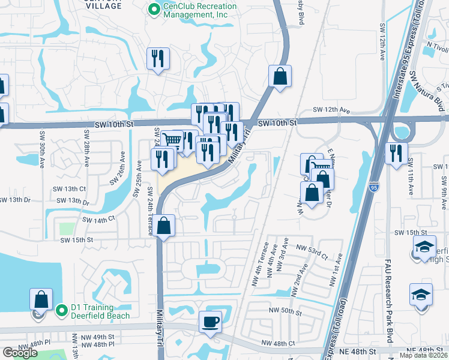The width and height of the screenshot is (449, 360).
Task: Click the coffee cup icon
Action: coord(210,322)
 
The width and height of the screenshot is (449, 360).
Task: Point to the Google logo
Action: coord(20,353)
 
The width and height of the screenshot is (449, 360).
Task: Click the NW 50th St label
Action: coord(284,310)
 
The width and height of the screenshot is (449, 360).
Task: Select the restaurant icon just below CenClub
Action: coord(158,58)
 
